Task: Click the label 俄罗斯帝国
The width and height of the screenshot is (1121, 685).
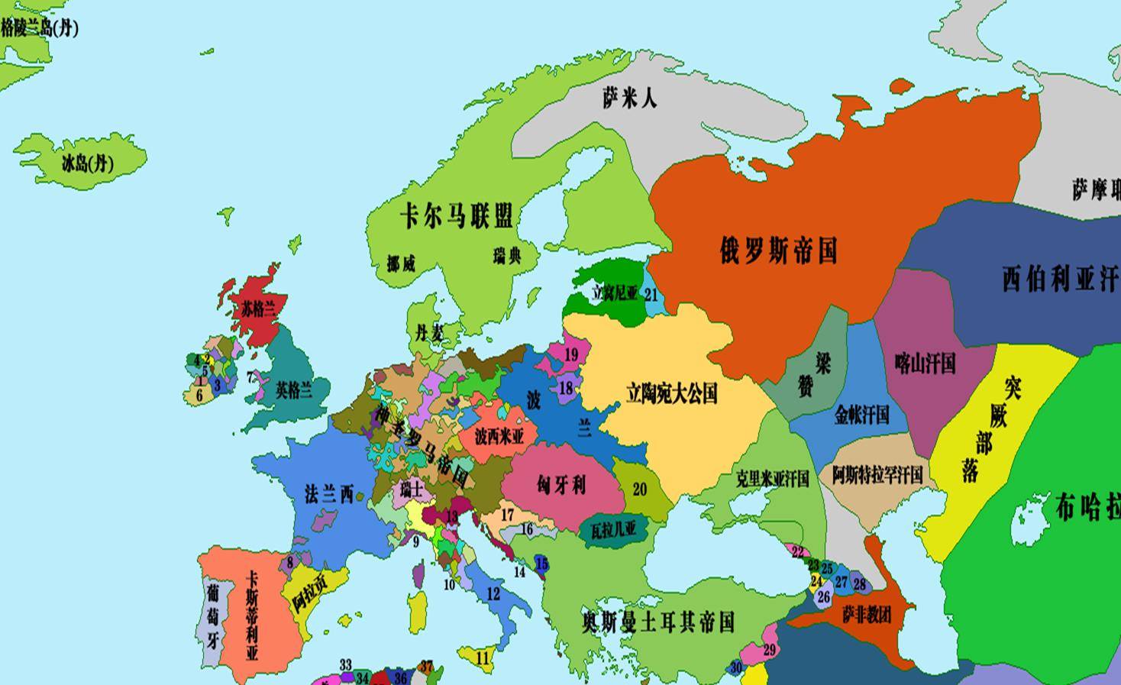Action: [778, 250]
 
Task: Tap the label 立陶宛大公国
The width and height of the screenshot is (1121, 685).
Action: [672, 393]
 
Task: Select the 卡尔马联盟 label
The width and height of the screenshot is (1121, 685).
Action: [456, 216]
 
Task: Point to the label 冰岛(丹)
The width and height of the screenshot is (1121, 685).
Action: [88, 163]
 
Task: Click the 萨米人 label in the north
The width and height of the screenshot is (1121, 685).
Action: [629, 98]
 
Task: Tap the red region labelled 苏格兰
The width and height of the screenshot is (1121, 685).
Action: [258, 309]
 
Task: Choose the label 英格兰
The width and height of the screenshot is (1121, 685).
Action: [294, 391]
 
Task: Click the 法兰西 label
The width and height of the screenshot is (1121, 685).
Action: [329, 494]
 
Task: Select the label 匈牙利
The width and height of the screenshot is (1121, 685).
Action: [560, 484]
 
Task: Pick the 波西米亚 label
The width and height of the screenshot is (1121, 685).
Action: [499, 437]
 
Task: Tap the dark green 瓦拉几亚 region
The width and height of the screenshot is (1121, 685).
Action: [614, 529]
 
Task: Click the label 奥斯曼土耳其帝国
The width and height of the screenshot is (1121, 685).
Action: [657, 622]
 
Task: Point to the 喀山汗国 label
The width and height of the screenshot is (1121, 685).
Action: [925, 362]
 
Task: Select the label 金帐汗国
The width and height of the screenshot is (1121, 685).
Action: [861, 415]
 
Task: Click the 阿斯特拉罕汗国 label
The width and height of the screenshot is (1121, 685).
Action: [877, 474]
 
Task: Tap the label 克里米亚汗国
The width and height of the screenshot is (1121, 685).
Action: [772, 479]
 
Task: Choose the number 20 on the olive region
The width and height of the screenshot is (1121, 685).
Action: [640, 490]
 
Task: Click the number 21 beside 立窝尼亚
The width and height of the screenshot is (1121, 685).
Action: [651, 294]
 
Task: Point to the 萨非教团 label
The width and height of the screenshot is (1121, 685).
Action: [867, 614]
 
